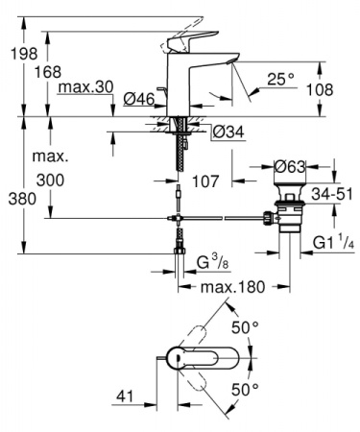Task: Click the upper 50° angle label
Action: click(x=249, y=328)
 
